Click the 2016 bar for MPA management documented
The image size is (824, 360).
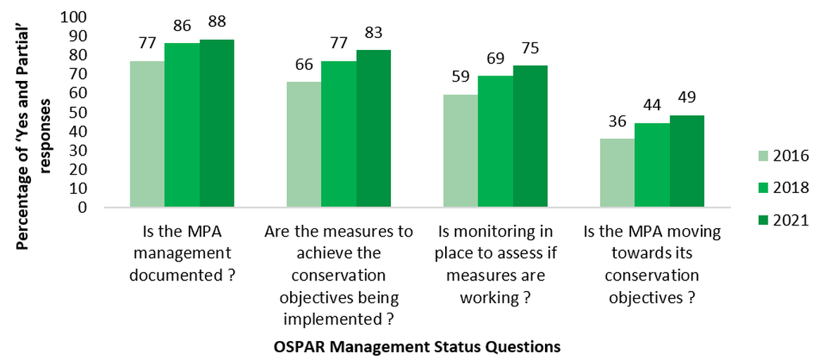(146, 134)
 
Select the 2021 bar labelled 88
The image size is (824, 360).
(216, 123)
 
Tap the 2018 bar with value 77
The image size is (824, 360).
(339, 134)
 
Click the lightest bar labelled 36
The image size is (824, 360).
(617, 173)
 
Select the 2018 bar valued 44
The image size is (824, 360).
(651, 165)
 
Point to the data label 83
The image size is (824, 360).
(373, 32)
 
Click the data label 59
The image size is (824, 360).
(461, 77)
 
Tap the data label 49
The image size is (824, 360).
(687, 97)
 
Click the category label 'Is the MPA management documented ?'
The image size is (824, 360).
(182, 254)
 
